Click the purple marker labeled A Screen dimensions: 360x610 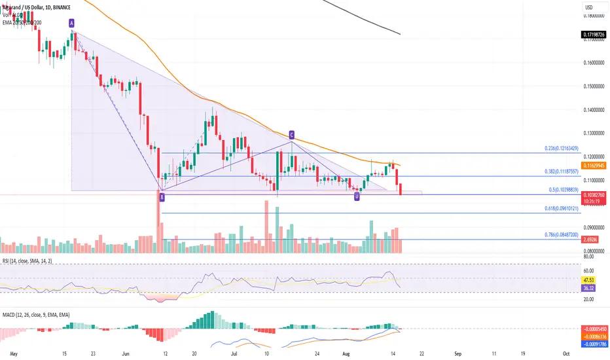(x=71, y=23)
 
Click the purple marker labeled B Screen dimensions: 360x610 (x=162, y=196)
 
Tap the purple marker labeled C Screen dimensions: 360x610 (x=291, y=135)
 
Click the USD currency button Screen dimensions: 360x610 (x=588, y=8)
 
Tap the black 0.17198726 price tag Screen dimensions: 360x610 (x=594, y=33)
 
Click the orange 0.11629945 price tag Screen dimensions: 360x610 (x=594, y=166)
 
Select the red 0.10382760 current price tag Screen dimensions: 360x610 (x=594, y=196)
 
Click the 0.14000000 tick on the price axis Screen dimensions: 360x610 (x=594, y=110)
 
